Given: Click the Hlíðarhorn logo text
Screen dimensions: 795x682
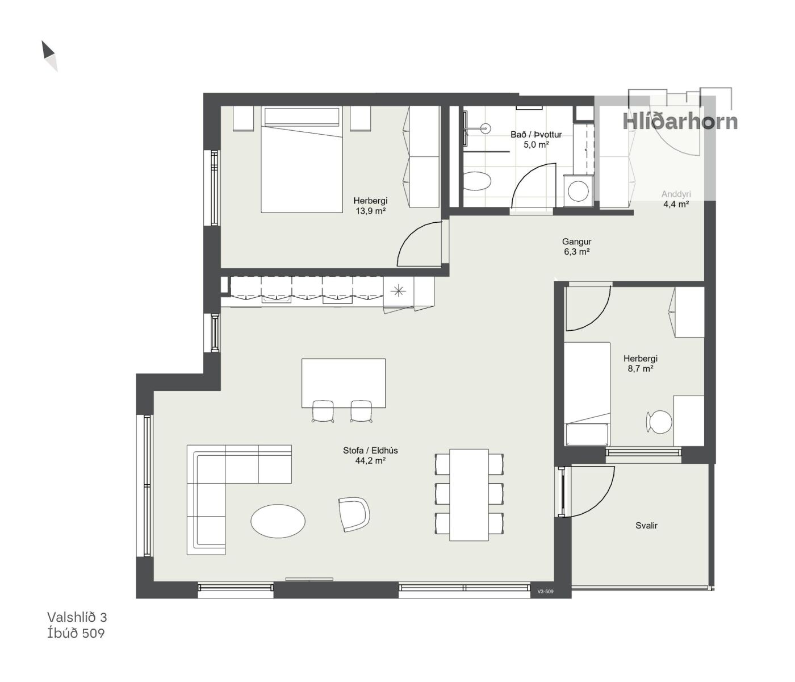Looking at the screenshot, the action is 680,121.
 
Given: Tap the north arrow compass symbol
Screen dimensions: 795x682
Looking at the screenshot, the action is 49,56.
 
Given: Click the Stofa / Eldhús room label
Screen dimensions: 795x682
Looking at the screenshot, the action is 370,450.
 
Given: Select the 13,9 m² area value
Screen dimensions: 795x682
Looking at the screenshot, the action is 370,211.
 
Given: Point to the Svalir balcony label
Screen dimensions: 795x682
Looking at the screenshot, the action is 646,525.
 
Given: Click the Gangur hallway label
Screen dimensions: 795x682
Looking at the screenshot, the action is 576,242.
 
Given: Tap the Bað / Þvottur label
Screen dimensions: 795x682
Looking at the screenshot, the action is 536,135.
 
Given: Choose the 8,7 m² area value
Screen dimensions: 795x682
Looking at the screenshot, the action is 641,369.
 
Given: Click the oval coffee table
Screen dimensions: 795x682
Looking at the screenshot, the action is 278,521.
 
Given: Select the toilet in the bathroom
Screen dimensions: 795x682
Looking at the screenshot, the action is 477,181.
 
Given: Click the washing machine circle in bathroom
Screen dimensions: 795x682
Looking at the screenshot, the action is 578,191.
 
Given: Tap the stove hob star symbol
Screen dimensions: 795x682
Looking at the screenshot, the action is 398,291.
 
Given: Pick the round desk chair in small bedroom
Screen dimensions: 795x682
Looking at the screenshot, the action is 660,422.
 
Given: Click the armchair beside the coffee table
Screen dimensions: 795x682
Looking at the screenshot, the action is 354,514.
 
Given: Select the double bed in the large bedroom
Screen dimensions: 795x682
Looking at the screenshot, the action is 302,159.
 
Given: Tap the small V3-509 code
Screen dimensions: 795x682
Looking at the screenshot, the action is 545,592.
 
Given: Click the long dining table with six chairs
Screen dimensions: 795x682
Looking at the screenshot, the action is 469,495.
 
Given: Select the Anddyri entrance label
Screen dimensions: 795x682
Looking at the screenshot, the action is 676,194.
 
